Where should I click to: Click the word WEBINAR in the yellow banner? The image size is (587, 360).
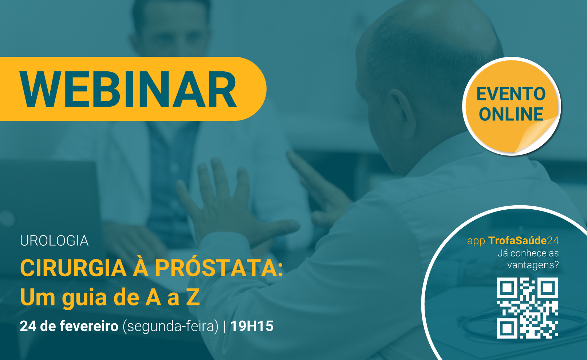tap(128, 89)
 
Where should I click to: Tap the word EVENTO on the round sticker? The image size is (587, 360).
tap(511, 94)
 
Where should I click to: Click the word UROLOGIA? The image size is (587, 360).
tap(54, 241)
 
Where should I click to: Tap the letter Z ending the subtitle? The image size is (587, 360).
tap(193, 297)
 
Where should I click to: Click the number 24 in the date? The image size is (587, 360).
tap(28, 326)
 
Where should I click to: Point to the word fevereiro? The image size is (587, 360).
tap(89, 326)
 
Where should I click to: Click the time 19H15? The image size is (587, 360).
tap(252, 326)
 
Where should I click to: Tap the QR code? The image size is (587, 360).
tap(527, 308)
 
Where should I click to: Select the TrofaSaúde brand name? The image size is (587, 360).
tap(517, 241)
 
